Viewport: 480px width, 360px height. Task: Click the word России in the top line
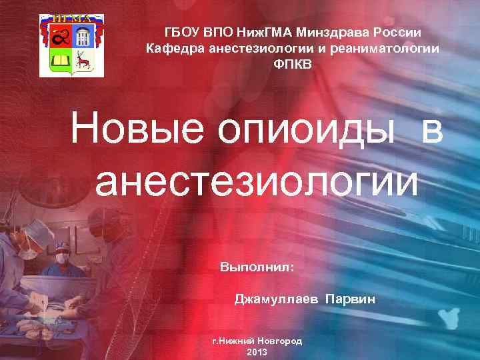point(403,32)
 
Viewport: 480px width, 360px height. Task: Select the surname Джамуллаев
point(276,300)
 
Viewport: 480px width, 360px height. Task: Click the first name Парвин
point(350,300)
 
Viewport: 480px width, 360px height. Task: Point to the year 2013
point(257,351)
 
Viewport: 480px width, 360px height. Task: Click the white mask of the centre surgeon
point(63,257)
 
